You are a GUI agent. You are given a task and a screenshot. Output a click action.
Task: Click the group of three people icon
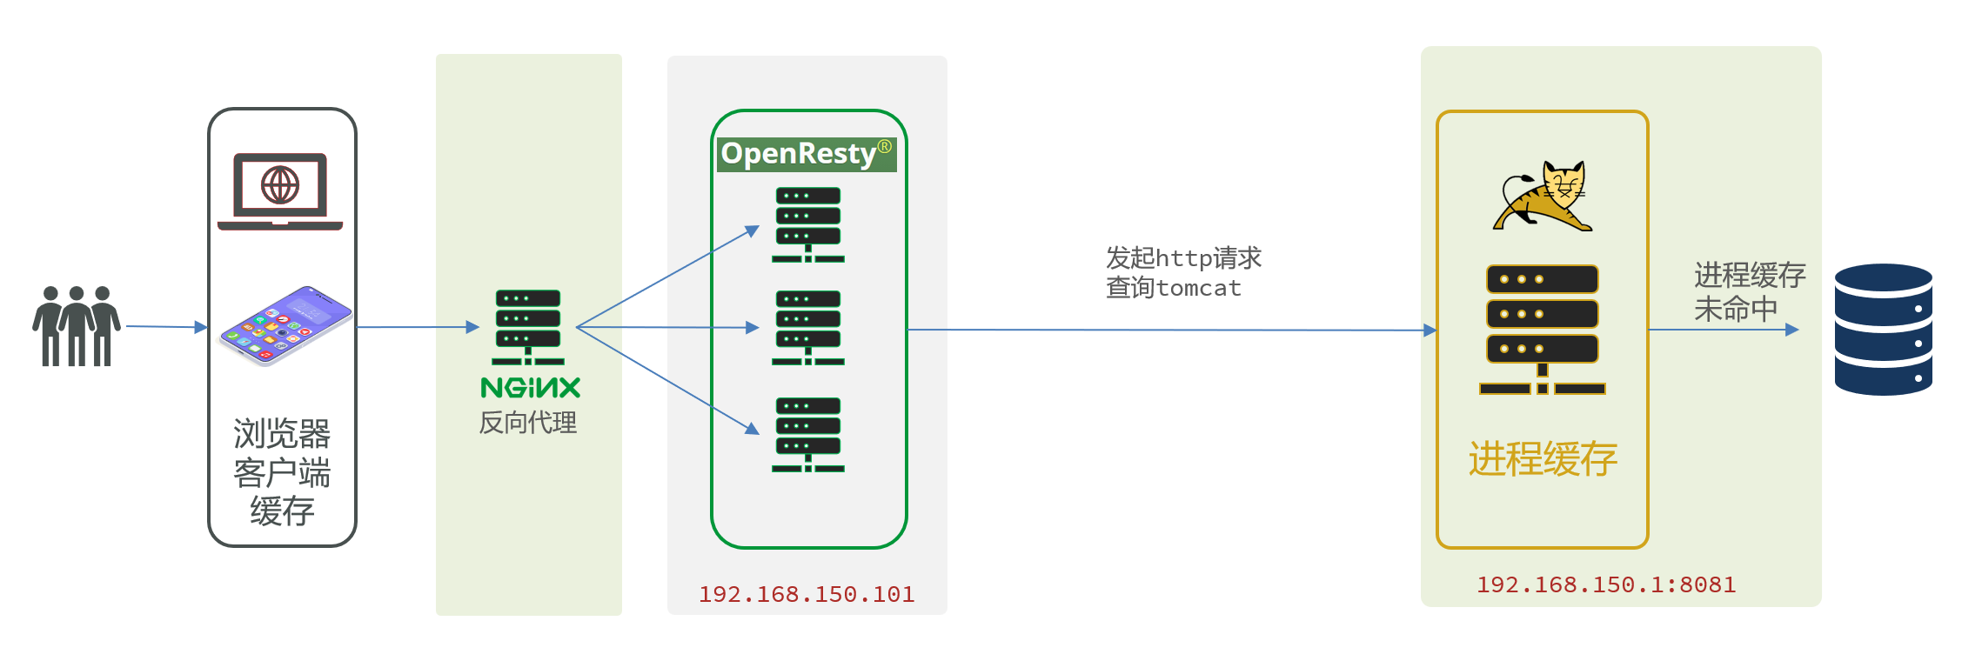(x=77, y=326)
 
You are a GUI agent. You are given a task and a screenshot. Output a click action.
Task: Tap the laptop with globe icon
(x=280, y=190)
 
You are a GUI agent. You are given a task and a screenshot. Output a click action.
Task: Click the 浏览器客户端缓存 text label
(x=282, y=472)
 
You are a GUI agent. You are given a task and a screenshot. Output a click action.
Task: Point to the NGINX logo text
(x=530, y=388)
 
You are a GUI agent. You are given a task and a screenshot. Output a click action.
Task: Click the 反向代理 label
(x=528, y=423)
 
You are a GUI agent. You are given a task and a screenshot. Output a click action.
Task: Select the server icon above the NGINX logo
(x=528, y=327)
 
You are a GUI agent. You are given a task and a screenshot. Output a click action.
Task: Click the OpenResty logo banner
(x=807, y=154)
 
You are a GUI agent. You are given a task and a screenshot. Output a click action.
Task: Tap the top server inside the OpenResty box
(x=808, y=224)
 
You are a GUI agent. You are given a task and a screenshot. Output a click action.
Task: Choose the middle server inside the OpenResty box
(x=808, y=327)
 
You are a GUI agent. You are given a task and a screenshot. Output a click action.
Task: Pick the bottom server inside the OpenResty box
(x=808, y=434)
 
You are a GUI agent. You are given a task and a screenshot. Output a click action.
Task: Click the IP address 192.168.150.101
(x=807, y=594)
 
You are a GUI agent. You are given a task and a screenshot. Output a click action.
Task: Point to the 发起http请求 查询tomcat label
(x=1182, y=272)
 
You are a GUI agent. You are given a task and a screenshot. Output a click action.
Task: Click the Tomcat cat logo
(x=1543, y=197)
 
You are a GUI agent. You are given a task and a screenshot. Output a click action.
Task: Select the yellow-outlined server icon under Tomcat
(x=1543, y=330)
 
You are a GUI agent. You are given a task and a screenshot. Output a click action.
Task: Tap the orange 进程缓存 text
(x=1543, y=458)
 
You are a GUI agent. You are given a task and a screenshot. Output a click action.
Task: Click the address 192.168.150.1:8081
(x=1606, y=584)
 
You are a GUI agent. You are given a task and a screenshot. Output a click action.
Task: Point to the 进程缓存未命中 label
(x=1749, y=291)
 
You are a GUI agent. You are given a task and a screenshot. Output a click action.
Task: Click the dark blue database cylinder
(x=1883, y=330)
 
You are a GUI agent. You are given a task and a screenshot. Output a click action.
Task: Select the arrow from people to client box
(x=165, y=327)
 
